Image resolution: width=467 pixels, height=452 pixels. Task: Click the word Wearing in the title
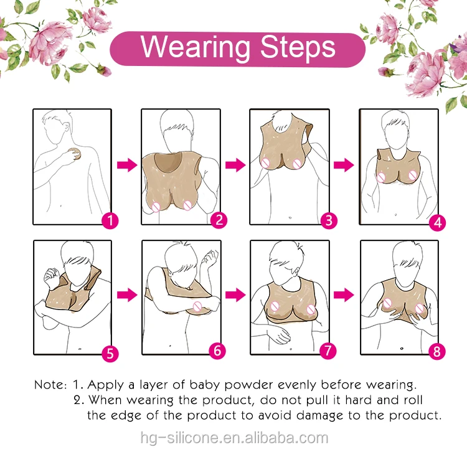(x=196, y=48)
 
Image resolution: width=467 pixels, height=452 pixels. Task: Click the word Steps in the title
(x=298, y=47)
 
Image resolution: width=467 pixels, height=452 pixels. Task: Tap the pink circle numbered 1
(x=110, y=221)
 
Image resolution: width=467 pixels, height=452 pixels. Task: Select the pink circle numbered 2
(x=219, y=220)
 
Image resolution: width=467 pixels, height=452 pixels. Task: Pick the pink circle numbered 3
(x=329, y=220)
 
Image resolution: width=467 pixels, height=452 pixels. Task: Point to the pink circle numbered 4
(x=438, y=222)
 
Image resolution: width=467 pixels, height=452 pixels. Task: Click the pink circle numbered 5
(x=110, y=354)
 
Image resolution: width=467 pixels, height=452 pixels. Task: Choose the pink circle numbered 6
(x=217, y=351)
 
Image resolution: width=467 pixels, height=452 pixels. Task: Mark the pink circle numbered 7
(x=328, y=351)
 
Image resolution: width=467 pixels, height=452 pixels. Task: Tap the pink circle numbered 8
(x=437, y=351)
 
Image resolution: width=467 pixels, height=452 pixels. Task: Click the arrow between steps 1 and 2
(x=127, y=165)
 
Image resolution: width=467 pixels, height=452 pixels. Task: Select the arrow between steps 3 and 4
(x=344, y=165)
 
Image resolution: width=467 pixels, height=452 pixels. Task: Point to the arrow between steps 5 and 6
(x=127, y=294)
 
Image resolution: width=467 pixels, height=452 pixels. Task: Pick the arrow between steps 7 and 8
(x=344, y=294)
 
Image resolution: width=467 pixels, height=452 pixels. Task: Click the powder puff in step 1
(x=75, y=154)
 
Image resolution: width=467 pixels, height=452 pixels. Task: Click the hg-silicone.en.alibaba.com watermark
(x=234, y=438)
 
